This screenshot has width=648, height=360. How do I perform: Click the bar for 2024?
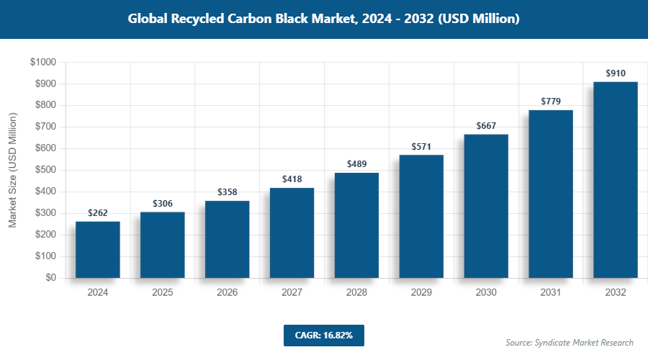(x=97, y=249)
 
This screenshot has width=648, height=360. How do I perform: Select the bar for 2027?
(x=292, y=233)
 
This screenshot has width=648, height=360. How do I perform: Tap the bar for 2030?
(x=486, y=206)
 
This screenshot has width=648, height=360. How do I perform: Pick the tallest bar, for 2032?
(x=615, y=180)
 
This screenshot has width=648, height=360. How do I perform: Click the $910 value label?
(x=615, y=73)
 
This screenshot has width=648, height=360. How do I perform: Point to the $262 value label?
(x=97, y=213)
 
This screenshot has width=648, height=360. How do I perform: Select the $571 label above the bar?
(x=421, y=146)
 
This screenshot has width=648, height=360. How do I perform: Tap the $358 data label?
(x=227, y=192)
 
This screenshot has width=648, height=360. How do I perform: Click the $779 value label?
(x=551, y=102)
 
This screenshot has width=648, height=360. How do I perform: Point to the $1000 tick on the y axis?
(x=42, y=63)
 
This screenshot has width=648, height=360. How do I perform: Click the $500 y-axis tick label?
(x=45, y=170)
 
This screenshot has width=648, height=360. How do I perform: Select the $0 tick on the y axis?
(x=50, y=278)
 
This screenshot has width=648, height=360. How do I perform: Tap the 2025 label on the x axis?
(x=162, y=293)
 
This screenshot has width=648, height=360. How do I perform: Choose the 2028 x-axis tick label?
(x=356, y=293)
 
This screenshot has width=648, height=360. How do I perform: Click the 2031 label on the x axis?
(x=551, y=293)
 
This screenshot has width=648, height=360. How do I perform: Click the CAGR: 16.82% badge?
(x=323, y=336)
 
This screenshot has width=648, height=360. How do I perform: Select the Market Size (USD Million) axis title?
(x=12, y=170)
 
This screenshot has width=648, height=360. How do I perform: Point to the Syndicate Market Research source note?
(x=570, y=342)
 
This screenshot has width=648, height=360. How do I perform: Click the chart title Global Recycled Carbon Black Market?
(x=323, y=19)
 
